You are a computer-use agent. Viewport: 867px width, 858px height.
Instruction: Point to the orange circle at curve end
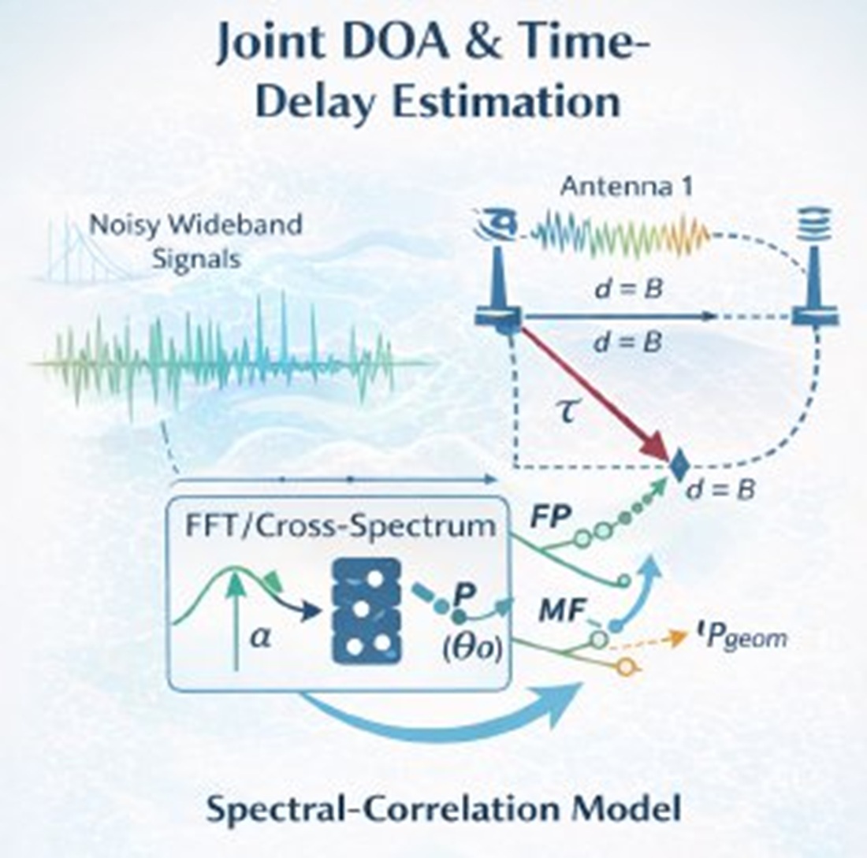(627, 667)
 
